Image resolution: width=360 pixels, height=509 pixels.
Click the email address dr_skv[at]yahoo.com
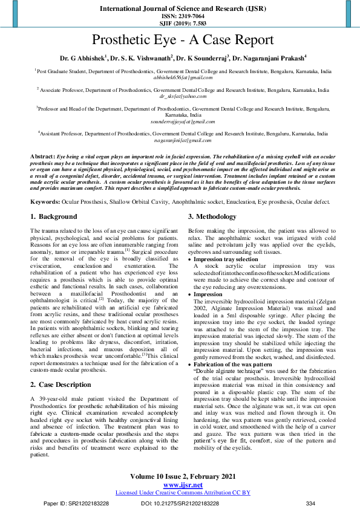[x=183, y=96]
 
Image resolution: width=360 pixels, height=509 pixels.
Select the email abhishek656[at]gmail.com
[x=183, y=77]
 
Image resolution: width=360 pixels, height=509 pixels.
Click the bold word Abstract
[x=42, y=157]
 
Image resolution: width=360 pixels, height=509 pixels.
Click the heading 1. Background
[x=54, y=216]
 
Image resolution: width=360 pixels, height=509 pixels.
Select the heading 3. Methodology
[x=212, y=216]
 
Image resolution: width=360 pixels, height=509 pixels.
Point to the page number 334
[x=311, y=503]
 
